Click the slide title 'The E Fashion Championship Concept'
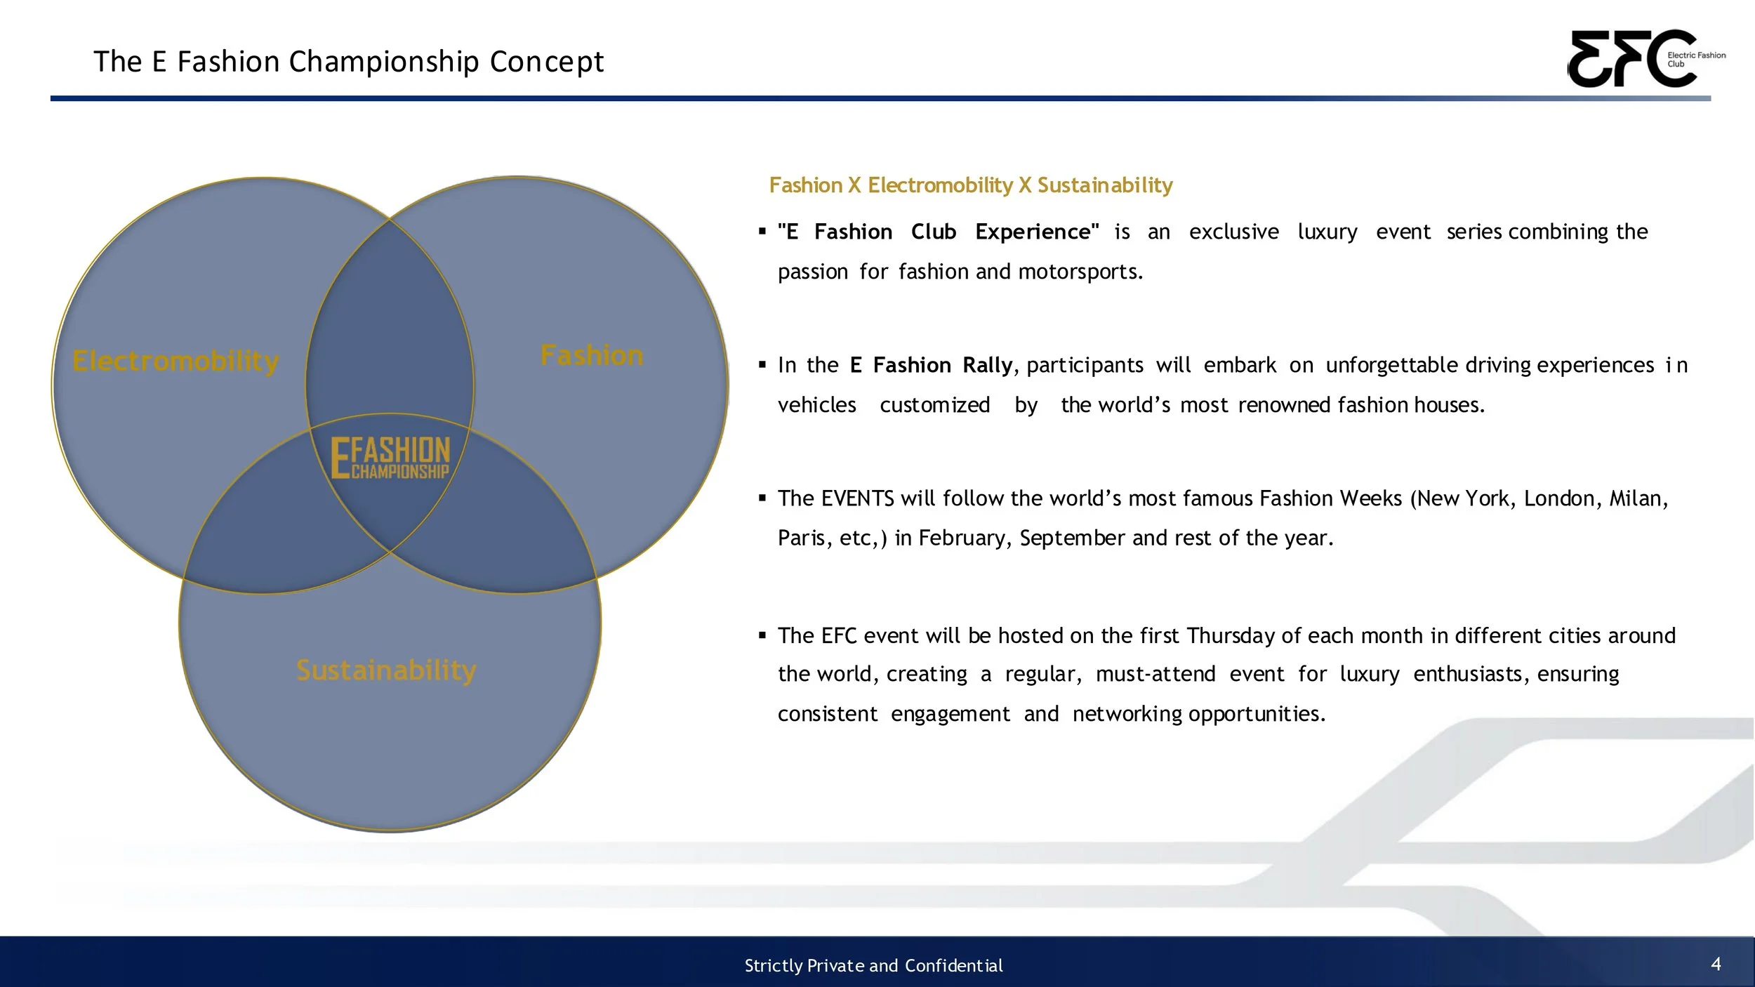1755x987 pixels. (x=348, y=62)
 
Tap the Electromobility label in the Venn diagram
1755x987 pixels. (x=175, y=361)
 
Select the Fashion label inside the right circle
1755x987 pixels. (x=592, y=355)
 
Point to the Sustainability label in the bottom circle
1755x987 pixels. (x=386, y=670)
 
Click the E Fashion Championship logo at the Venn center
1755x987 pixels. (x=390, y=458)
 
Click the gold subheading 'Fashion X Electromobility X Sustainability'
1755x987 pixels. (x=970, y=185)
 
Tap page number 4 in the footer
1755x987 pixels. (x=1716, y=964)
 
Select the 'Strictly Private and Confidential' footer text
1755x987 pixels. (x=873, y=966)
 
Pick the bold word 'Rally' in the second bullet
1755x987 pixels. (x=987, y=365)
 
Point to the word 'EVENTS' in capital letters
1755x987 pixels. (x=857, y=498)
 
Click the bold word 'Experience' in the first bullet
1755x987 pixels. (x=1036, y=232)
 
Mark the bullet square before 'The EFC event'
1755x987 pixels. (x=762, y=636)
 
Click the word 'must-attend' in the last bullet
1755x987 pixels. (x=1155, y=674)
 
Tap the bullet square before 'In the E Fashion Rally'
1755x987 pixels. (x=762, y=365)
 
